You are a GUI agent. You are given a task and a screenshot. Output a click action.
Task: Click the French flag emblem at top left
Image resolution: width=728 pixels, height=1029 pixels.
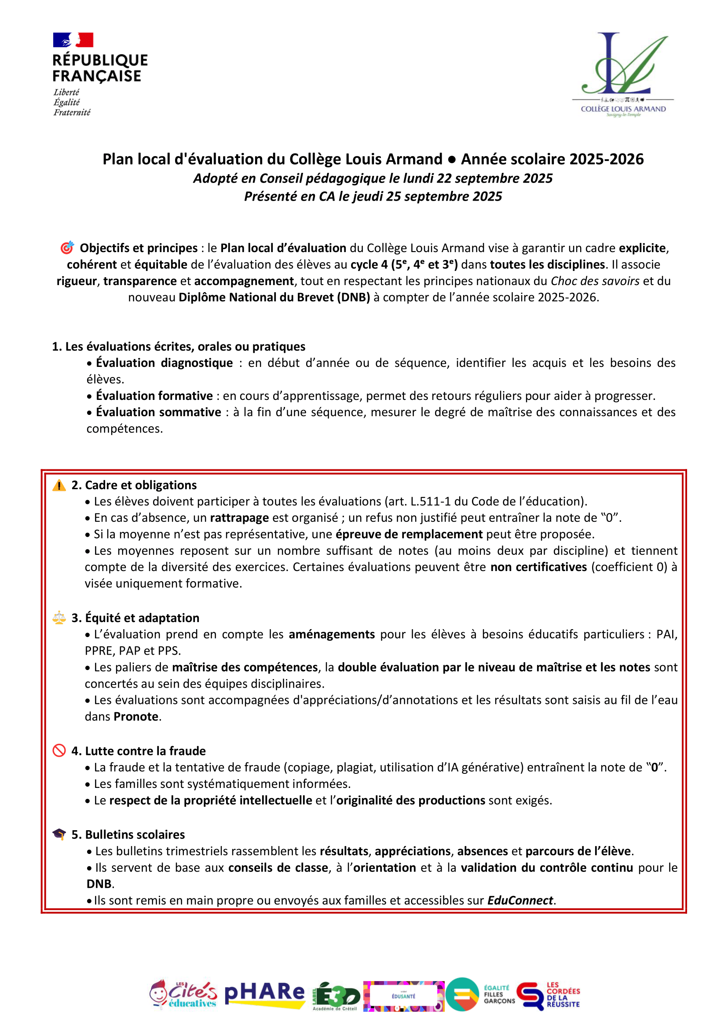(73, 40)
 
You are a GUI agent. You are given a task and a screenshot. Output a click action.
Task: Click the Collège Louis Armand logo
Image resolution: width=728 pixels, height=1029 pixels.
(623, 74)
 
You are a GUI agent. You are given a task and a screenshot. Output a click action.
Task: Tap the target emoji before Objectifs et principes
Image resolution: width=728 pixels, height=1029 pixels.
(67, 248)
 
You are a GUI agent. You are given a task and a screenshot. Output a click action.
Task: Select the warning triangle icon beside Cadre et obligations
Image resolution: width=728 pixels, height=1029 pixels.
(59, 485)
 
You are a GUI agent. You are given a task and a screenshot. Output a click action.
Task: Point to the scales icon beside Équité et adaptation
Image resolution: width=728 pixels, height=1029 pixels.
(59, 618)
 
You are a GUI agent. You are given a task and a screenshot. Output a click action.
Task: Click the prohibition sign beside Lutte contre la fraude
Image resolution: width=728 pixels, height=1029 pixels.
(59, 751)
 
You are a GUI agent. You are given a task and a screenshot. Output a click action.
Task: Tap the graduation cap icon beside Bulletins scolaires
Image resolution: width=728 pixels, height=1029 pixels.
(59, 834)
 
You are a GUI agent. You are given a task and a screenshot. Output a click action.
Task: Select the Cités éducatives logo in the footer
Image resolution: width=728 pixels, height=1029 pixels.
(183, 994)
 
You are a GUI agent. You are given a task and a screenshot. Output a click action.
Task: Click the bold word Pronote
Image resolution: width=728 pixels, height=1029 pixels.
(136, 717)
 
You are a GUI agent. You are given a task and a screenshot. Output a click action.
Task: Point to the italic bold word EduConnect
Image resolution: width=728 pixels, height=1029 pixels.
(520, 900)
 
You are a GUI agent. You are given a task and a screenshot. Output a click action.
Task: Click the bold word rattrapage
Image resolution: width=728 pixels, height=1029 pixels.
(239, 518)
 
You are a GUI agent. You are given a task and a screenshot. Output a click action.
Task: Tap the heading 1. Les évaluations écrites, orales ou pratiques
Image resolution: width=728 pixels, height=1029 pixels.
(179, 346)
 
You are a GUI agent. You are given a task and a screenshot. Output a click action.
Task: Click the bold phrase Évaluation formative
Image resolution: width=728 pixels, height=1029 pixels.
(154, 395)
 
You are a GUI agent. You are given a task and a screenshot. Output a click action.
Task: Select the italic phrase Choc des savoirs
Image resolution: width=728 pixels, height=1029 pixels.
(595, 281)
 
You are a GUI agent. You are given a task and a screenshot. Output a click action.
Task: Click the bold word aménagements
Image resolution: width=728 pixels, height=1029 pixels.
(331, 634)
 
